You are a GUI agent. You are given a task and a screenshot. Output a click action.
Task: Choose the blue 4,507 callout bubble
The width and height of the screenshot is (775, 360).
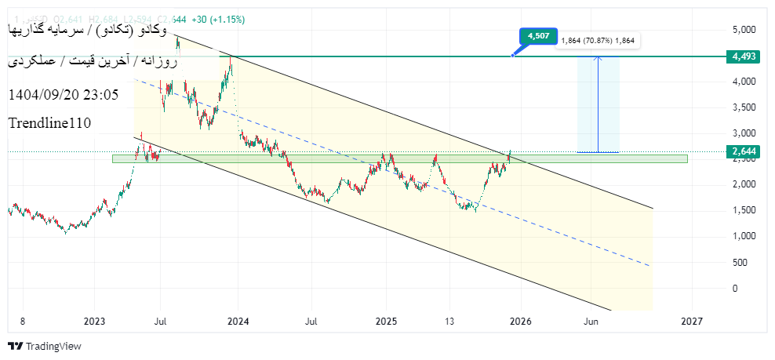click(x=538, y=36)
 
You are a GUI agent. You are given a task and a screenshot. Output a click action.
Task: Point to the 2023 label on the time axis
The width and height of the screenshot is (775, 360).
click(x=94, y=321)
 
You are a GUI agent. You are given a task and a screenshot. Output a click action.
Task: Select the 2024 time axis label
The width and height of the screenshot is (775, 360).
click(x=238, y=321)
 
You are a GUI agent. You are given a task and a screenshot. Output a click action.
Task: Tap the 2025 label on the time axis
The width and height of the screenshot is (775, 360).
click(x=386, y=321)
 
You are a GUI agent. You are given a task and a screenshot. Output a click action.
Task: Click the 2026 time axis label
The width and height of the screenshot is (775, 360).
click(x=522, y=321)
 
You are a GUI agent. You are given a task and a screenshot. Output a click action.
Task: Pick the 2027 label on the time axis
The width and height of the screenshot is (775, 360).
click(x=691, y=321)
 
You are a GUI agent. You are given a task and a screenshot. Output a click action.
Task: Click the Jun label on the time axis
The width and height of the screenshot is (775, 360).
click(x=591, y=321)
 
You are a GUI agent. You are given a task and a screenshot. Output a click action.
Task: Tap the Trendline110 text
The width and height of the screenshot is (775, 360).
click(x=49, y=123)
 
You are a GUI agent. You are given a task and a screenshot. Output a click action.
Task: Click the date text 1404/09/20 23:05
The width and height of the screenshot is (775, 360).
click(x=63, y=95)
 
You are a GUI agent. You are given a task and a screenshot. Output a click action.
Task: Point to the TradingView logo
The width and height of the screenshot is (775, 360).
click(x=45, y=346)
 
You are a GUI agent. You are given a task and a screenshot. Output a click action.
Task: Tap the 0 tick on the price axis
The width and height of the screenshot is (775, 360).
click(x=735, y=288)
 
